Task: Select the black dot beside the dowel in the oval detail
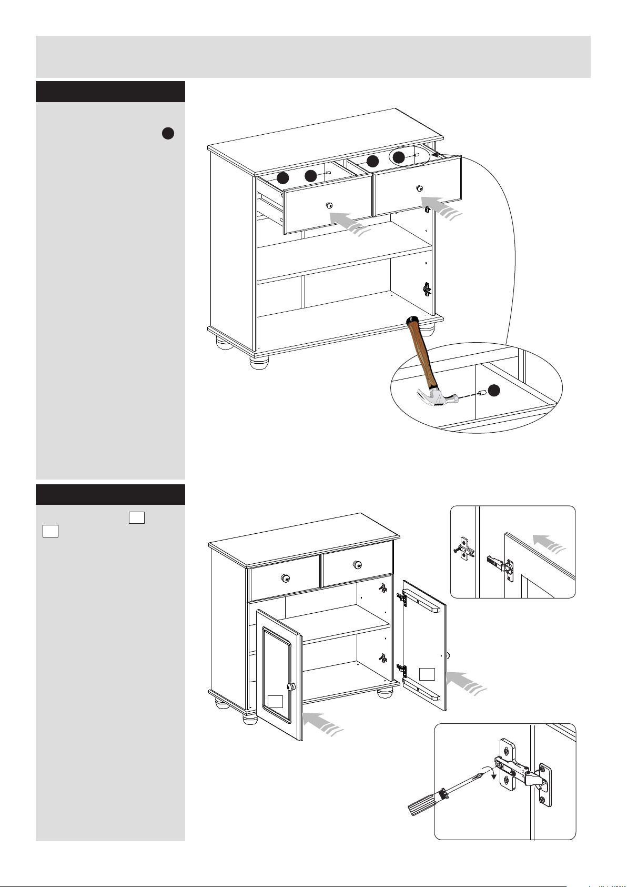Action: pos(493,391)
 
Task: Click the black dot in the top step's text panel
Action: pos(168,134)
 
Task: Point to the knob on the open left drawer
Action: pos(329,204)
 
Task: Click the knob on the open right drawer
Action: pos(419,188)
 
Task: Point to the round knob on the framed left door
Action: pos(290,687)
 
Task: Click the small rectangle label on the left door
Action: pos(275,701)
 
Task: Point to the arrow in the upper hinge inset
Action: pos(549,542)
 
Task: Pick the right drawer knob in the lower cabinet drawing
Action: pos(358,565)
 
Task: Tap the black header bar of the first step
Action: pos(110,92)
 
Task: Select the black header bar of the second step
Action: pos(110,495)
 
